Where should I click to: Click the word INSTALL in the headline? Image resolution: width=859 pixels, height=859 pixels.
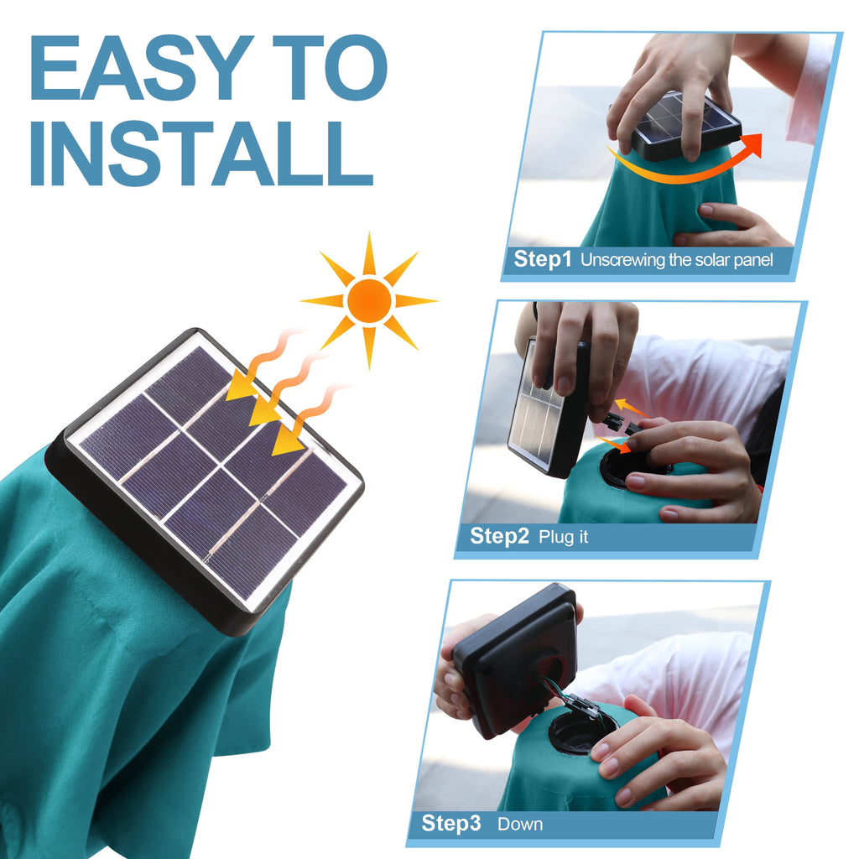[201, 154]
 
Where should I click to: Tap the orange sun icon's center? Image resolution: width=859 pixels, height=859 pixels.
[369, 300]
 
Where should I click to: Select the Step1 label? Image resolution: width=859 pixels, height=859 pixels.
[542, 259]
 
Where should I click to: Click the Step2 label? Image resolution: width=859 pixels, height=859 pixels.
[499, 536]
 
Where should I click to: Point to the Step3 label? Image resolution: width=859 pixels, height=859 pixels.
[451, 823]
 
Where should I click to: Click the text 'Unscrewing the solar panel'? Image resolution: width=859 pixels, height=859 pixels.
[676, 260]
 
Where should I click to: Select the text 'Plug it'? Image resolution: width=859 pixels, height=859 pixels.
[564, 537]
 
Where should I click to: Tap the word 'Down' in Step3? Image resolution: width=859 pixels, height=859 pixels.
[520, 824]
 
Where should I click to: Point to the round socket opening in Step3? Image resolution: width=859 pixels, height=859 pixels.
[579, 731]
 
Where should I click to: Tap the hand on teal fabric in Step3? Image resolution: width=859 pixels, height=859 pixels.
[663, 759]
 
